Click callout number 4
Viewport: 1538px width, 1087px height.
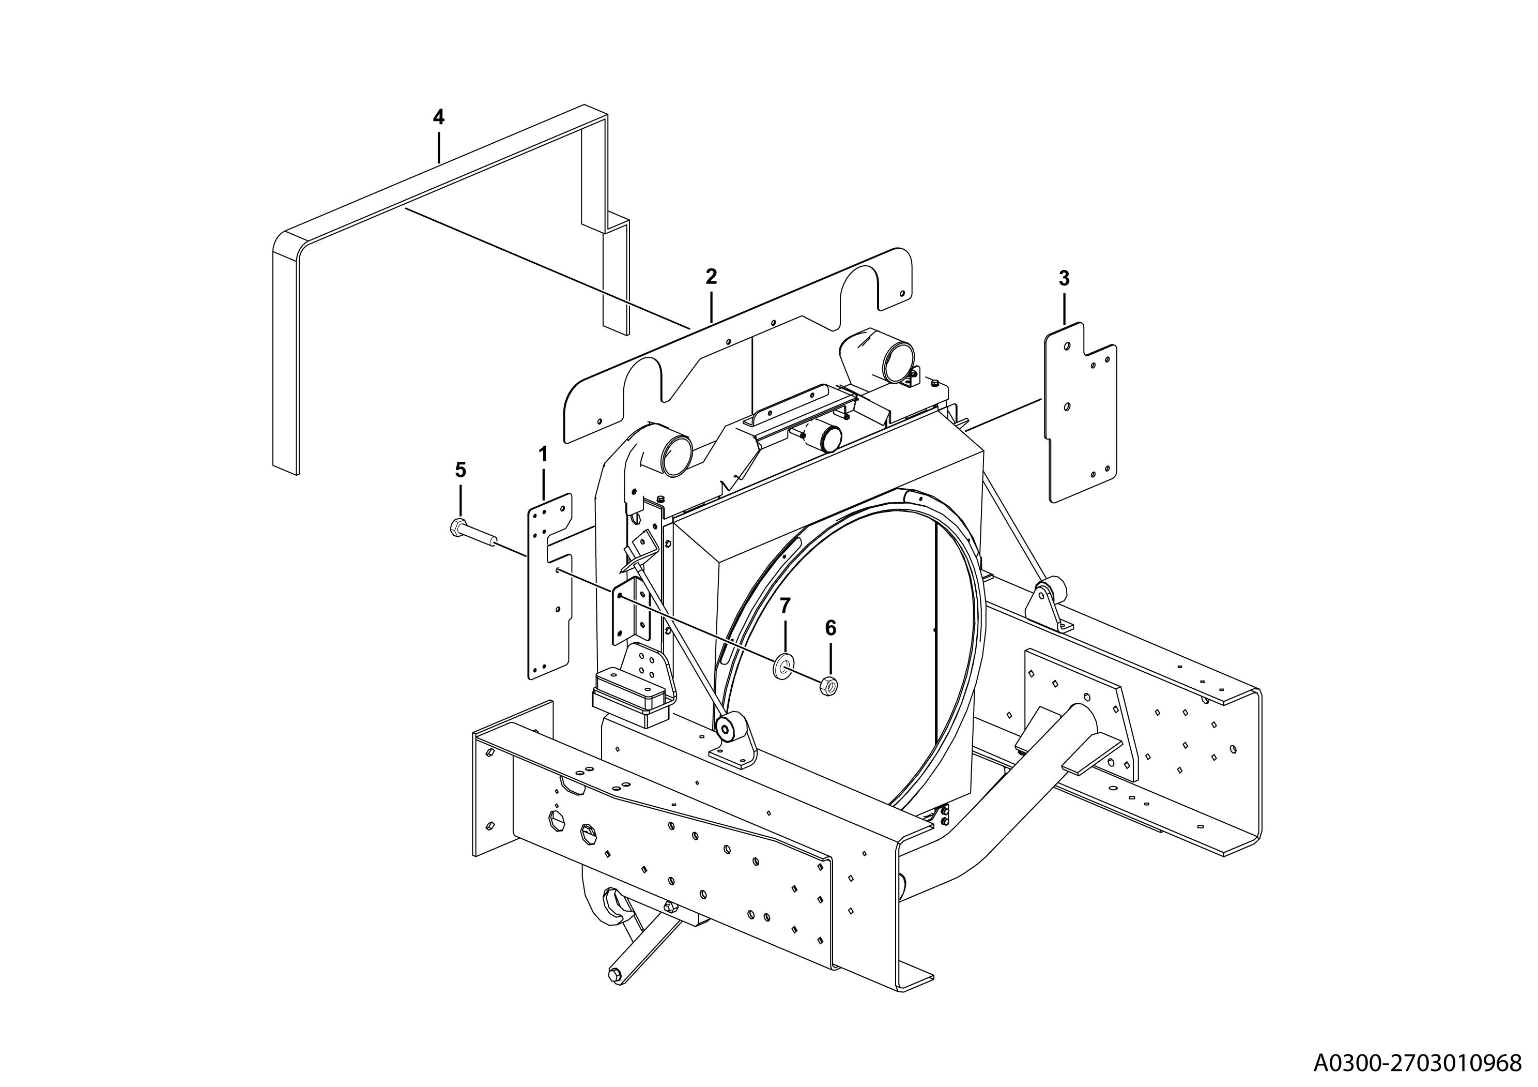click(438, 117)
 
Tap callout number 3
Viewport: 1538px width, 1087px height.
click(1064, 278)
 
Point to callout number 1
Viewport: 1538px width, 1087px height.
click(543, 455)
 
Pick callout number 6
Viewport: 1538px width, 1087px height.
click(830, 628)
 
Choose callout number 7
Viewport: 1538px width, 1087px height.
click(785, 605)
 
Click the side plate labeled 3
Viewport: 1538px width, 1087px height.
click(1081, 412)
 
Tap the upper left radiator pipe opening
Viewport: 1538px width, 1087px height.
click(676, 453)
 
